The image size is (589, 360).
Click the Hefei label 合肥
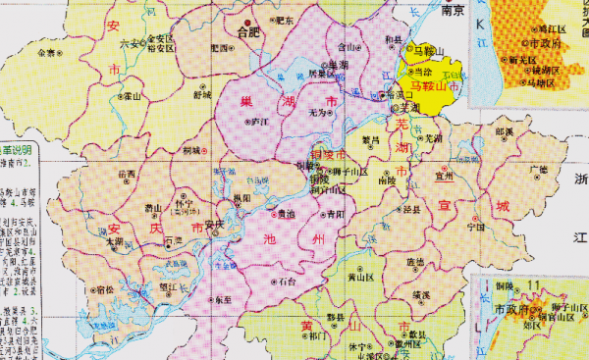pyautogui.click(x=252, y=30)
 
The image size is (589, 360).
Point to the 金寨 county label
pyautogui.click(x=46, y=53)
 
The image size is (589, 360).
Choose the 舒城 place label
pyautogui.click(x=202, y=95)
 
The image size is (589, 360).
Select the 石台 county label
pyautogui.click(x=287, y=280)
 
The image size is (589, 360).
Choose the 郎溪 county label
pyautogui.click(x=505, y=130)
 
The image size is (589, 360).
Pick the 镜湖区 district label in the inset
pyautogui.click(x=539, y=71)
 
